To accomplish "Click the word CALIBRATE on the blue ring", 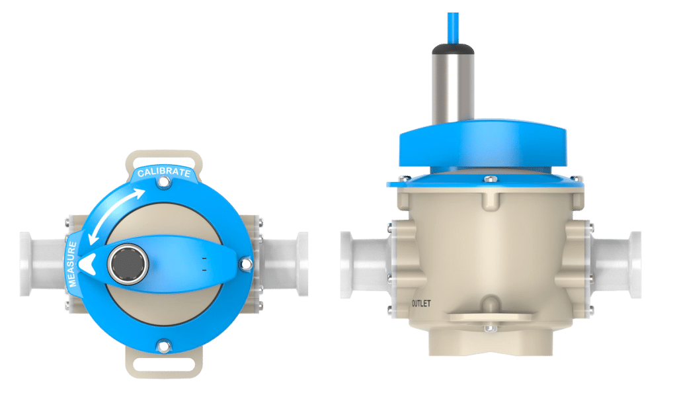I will tap(163, 173).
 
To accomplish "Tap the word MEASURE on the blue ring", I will tap(72, 265).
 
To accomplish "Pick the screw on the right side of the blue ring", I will tap(246, 264).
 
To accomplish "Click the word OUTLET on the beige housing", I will tap(421, 303).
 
